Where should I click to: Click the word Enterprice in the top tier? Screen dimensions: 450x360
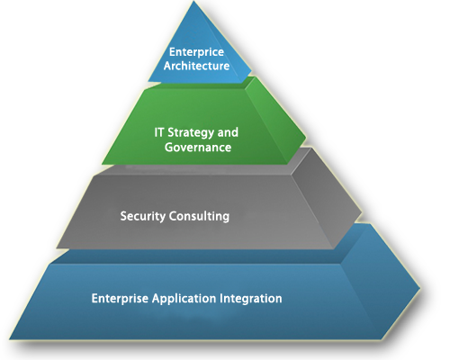(196, 52)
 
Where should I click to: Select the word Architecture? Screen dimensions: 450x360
(196, 66)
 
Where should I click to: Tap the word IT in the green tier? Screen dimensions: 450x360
(159, 132)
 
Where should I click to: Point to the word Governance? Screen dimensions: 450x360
(198, 148)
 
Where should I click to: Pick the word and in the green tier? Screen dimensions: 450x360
(228, 132)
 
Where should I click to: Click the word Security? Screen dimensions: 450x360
(143, 216)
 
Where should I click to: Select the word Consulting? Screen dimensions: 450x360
(199, 216)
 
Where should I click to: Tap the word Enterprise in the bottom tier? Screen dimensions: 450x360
(120, 299)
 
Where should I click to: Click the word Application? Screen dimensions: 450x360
(184, 299)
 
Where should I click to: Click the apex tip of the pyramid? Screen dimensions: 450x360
(193, 2)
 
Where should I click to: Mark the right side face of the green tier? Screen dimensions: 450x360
(276, 120)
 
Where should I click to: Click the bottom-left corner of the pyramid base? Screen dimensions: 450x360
(9, 339)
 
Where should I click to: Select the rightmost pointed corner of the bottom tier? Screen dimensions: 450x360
(420, 288)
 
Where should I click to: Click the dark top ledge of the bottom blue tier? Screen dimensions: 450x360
(198, 256)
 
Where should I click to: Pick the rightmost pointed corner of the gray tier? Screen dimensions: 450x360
(362, 213)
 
